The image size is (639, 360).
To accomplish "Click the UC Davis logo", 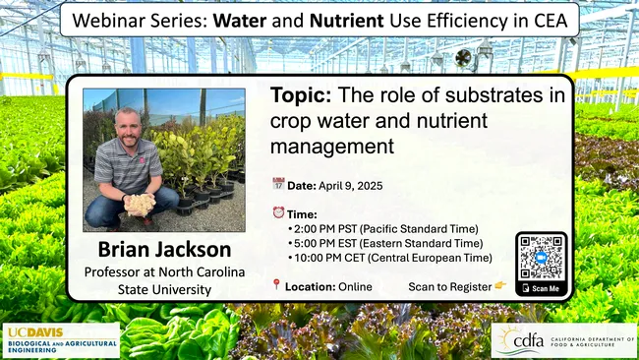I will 62,339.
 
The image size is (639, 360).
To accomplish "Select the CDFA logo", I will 562,340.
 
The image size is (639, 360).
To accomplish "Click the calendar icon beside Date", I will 278,184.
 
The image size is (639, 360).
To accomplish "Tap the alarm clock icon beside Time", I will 278,211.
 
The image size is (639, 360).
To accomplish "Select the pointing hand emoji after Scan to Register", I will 500,286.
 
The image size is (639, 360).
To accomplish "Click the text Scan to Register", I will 449,286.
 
